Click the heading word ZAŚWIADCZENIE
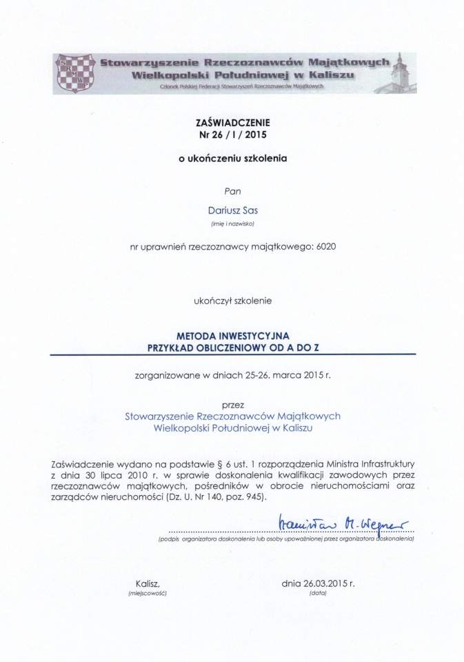pyautogui.click(x=232, y=121)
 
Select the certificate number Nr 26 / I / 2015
pyautogui.click(x=232, y=134)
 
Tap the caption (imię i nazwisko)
pyautogui.click(x=232, y=224)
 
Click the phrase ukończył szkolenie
pyautogui.click(x=232, y=301)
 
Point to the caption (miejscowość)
pyautogui.click(x=148, y=593)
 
